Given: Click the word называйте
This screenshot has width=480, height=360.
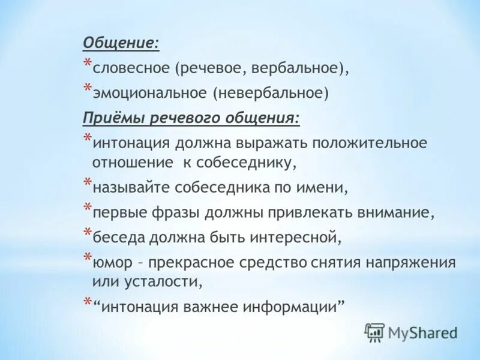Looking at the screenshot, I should [x=130, y=187].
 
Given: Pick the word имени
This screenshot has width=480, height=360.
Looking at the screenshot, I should [x=324, y=187].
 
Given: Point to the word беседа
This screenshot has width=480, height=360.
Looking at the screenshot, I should [x=116, y=238].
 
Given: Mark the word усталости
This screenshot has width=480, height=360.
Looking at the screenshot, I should [x=159, y=281].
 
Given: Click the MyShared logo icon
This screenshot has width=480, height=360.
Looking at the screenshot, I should [x=374, y=331].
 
